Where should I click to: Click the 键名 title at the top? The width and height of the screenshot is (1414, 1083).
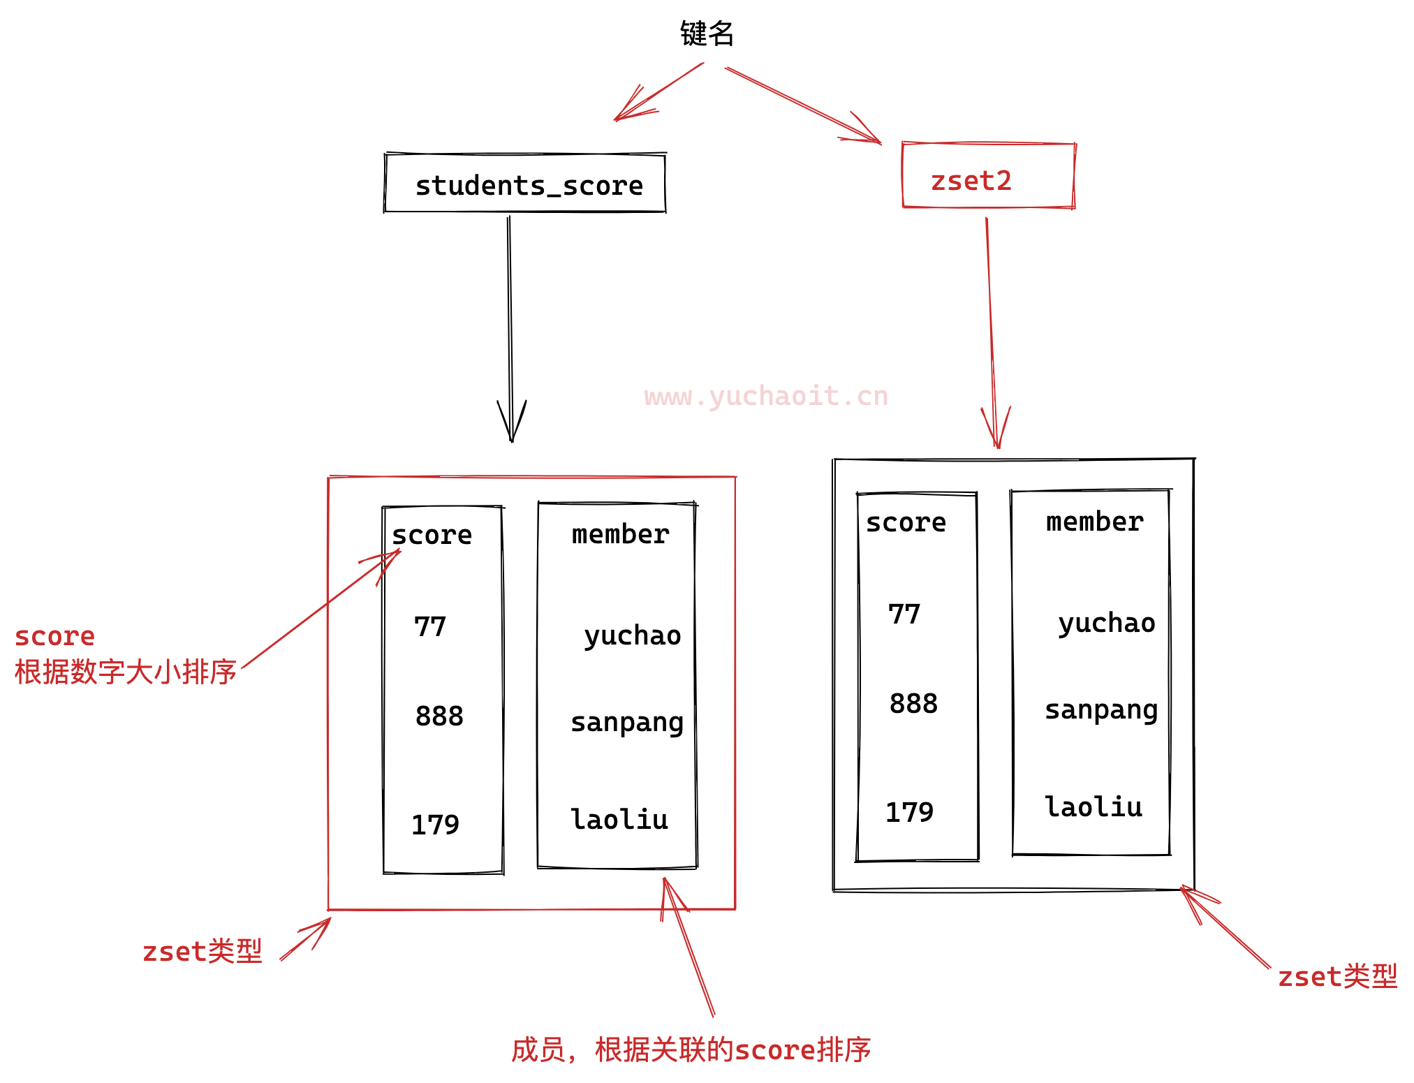[707, 34]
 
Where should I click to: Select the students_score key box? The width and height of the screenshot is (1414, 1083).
[525, 184]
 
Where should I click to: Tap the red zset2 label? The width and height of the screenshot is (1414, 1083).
[971, 181]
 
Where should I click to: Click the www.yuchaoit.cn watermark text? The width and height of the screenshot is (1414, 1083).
[766, 396]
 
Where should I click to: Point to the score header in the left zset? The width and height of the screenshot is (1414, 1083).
[432, 535]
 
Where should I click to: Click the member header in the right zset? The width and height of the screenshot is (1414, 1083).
[1094, 522]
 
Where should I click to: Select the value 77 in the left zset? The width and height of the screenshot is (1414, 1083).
[429, 626]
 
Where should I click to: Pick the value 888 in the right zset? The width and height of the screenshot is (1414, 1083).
[913, 703]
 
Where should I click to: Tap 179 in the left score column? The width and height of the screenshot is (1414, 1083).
[435, 825]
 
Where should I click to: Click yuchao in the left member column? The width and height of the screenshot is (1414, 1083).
[632, 635]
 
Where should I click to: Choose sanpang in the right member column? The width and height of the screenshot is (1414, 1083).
[1101, 709]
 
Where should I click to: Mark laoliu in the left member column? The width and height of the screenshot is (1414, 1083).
[619, 819]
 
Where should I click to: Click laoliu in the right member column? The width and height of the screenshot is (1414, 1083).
[1093, 806]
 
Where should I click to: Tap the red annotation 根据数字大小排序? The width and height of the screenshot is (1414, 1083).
[126, 672]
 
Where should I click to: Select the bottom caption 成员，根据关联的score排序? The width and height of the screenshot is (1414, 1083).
[691, 1049]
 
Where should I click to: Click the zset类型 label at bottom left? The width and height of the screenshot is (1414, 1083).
[202, 952]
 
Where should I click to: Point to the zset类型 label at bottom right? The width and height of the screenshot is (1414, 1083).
[1337, 976]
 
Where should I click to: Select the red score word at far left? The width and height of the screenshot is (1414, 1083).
[54, 636]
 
